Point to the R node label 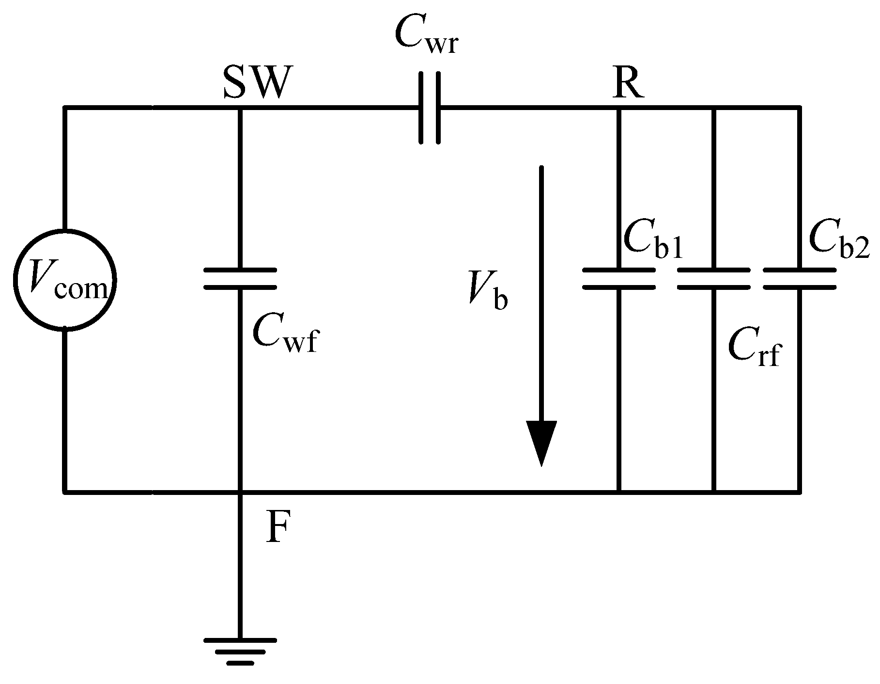628,83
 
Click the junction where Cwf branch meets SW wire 240,108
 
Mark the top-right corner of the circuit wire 800,108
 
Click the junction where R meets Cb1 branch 618,108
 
